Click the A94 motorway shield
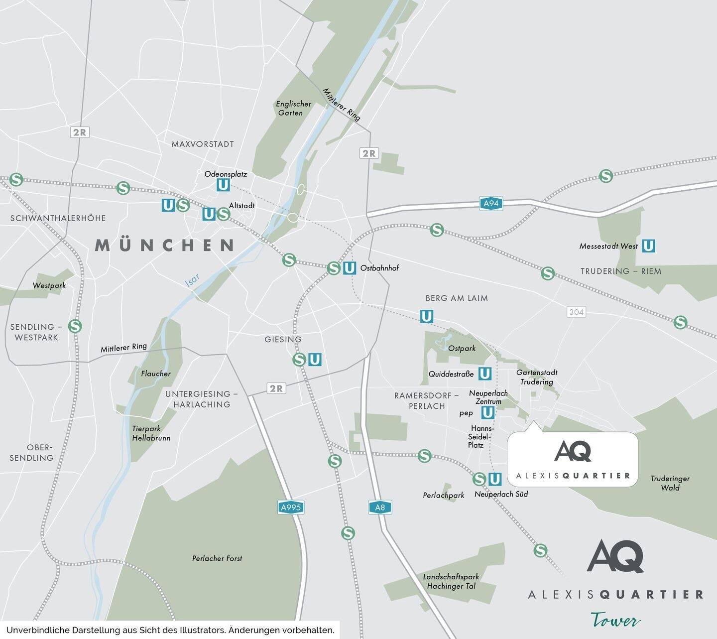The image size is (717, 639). coord(491,203)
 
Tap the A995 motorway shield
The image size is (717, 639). coord(290,508)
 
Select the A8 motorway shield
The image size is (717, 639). coord(380,508)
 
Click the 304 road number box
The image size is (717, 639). coord(576,312)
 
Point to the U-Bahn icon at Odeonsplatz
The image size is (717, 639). coord(223,185)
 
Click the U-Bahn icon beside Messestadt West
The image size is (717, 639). coord(648,246)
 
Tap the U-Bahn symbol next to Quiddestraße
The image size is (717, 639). coord(484,374)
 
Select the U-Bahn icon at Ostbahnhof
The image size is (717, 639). coord(350,268)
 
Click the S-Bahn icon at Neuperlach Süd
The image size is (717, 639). coord(479,479)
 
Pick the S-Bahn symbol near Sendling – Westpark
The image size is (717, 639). coord(75,326)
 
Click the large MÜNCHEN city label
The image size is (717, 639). coord(165,245)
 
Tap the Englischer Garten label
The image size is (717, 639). coord(293,109)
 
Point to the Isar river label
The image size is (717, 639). coord(192,280)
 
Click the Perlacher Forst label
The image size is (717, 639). coord(217,558)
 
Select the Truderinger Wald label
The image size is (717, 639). coord(670,483)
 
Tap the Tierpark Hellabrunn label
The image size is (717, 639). coord(151,433)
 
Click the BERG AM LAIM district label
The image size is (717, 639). coord(457,298)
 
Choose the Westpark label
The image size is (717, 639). coord(49,285)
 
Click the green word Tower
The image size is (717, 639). coord(615,621)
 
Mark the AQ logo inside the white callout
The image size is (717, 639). coord(573,451)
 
